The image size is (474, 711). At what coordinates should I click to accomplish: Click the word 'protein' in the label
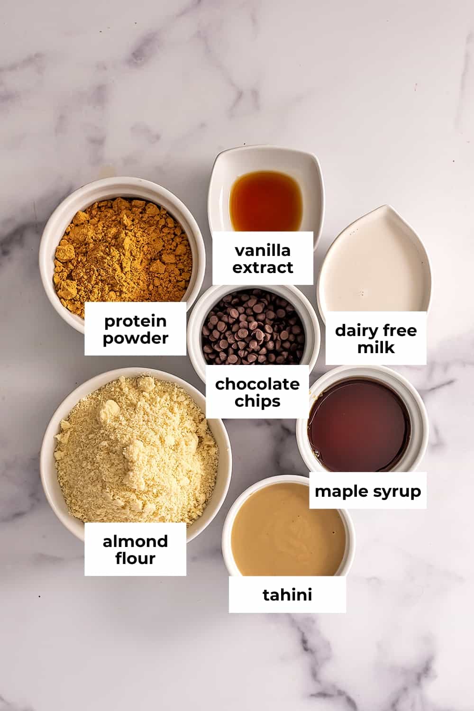click(135, 321)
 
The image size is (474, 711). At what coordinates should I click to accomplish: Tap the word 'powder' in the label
click(135, 338)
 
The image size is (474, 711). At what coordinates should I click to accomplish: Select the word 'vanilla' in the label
click(263, 250)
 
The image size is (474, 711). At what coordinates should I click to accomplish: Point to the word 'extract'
click(263, 268)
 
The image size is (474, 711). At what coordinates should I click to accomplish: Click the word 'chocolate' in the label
click(257, 384)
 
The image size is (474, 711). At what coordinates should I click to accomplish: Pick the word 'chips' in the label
click(257, 401)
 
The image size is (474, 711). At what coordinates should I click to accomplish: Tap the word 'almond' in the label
click(135, 541)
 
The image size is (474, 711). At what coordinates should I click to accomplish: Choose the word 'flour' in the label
click(135, 558)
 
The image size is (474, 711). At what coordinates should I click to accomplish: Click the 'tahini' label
click(287, 594)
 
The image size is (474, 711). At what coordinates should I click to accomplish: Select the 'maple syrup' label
click(367, 491)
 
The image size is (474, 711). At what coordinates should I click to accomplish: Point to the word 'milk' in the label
click(376, 347)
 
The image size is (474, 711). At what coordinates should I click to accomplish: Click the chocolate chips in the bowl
click(254, 327)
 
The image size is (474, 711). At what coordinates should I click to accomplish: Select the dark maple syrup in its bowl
click(359, 424)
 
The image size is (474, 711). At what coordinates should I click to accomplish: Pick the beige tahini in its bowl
click(288, 531)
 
